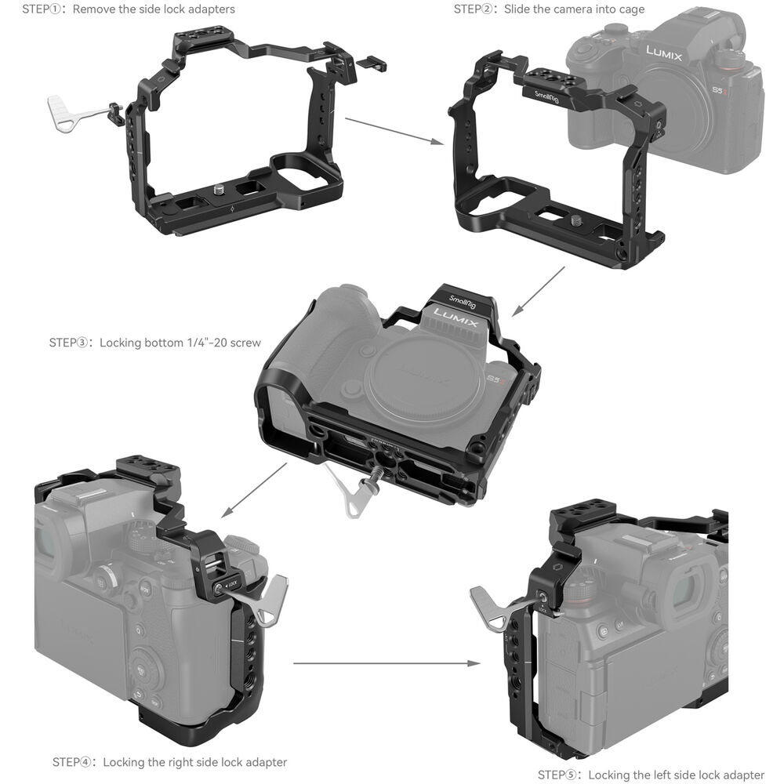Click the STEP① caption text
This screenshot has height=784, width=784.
coord(129,9)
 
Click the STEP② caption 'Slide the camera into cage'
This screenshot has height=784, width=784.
coord(574,9)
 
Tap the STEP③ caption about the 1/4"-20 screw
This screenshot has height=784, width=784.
coord(180,343)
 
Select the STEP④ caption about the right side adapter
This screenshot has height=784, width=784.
coord(195,762)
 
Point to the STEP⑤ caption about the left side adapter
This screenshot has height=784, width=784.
coord(676,775)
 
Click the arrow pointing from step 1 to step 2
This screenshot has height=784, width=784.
coord(394,132)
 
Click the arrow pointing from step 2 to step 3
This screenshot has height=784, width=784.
coord(538,292)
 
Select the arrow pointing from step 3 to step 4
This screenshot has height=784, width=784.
coord(254,490)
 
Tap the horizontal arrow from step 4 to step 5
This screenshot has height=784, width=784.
coord(387,663)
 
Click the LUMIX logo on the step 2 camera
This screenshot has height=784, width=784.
coord(663,53)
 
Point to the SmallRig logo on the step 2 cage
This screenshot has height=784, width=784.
coord(546,97)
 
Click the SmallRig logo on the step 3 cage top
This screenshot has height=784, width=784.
coord(462,302)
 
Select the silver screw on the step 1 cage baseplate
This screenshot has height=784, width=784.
coord(219,190)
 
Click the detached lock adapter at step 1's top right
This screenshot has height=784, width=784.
coord(372,63)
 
